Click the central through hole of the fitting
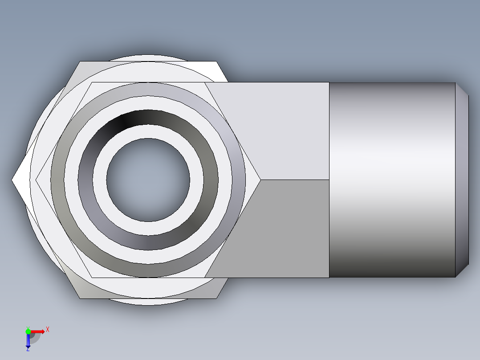coord(148,180)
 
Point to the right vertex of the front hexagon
coord(260,180)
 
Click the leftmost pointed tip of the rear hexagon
coord(12,180)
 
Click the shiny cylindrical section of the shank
coord(392,180)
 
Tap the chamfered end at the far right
coord(462,180)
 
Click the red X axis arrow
coord(38,331)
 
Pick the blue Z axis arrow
coord(28,341)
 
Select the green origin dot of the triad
coord(28,331)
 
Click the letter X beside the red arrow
coord(48,330)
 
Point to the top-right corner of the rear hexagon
coord(217,61)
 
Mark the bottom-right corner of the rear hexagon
coord(217,299)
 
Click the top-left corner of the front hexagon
coord(91,82)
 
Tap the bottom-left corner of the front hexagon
coord(91,278)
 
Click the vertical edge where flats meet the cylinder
coord(329,180)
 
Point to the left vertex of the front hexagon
coord(36,180)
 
